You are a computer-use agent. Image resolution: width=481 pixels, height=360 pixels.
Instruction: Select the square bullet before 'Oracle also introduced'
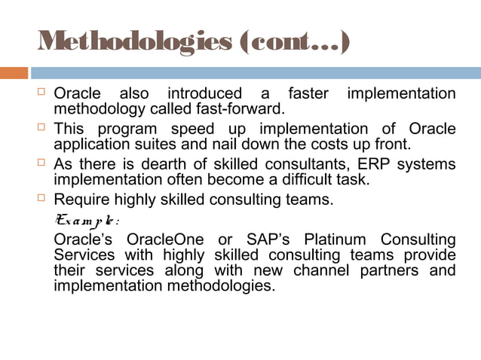43,94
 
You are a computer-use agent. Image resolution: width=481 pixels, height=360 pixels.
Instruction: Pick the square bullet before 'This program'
43,129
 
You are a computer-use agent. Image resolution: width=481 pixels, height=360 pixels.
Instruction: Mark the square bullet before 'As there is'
43,164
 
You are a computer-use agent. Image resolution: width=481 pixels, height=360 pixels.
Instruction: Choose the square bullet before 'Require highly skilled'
43,200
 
